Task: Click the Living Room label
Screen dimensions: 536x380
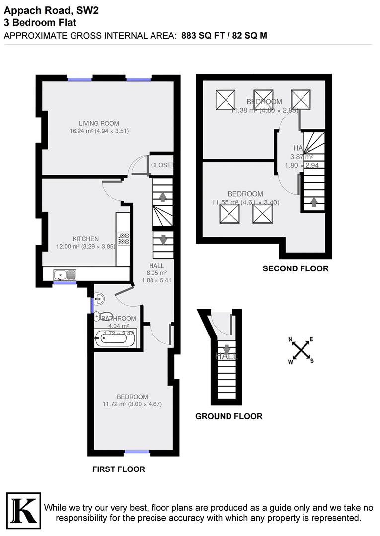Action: tap(99, 123)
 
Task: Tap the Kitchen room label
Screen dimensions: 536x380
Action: tap(85, 239)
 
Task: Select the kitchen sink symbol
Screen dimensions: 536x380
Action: tap(65, 274)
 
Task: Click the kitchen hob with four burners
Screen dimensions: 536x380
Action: tap(123, 239)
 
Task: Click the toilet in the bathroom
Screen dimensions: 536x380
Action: tap(98, 316)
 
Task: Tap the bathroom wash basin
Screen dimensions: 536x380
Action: tap(99, 299)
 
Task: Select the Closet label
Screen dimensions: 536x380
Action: tap(162, 165)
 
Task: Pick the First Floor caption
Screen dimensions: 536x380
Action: tap(119, 469)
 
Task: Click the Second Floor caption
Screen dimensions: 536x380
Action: tap(296, 268)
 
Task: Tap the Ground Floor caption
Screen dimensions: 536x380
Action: tap(228, 416)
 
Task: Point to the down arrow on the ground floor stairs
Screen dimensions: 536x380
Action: tap(227, 349)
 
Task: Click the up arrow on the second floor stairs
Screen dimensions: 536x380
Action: tap(313, 201)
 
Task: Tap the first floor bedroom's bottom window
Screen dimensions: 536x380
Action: tap(137, 452)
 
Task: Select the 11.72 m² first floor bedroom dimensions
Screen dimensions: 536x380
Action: tap(132, 404)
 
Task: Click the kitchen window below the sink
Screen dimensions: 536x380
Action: tap(62, 283)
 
